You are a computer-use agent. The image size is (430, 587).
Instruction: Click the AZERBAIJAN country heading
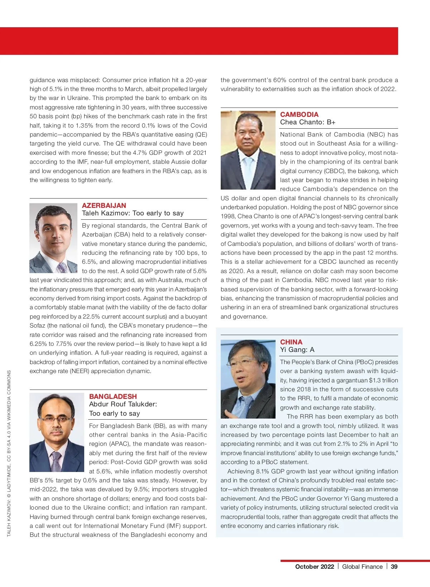[x=104, y=205]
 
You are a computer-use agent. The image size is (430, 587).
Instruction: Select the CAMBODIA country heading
[x=299, y=114]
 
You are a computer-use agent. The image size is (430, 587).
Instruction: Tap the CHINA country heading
[x=291, y=342]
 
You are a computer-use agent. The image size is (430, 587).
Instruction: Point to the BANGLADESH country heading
[x=113, y=396]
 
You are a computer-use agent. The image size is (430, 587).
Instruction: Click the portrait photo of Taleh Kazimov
[x=53, y=238]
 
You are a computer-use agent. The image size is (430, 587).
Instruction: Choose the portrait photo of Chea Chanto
[x=248, y=150]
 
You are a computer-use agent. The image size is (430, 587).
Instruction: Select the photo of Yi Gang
[x=248, y=379]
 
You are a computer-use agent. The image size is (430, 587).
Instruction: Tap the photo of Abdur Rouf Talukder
[x=57, y=432]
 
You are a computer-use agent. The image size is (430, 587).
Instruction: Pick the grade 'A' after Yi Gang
[x=312, y=350]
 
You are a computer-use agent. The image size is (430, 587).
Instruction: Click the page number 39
[x=394, y=567]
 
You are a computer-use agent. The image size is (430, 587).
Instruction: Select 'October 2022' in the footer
[x=314, y=567]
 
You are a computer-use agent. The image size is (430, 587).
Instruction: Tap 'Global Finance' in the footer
[x=362, y=567]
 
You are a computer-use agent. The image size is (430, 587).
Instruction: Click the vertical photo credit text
[x=9, y=453]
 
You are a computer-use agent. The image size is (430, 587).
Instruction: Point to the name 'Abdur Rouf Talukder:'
[x=123, y=404]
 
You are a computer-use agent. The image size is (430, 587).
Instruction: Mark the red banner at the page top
[x=199, y=41]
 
